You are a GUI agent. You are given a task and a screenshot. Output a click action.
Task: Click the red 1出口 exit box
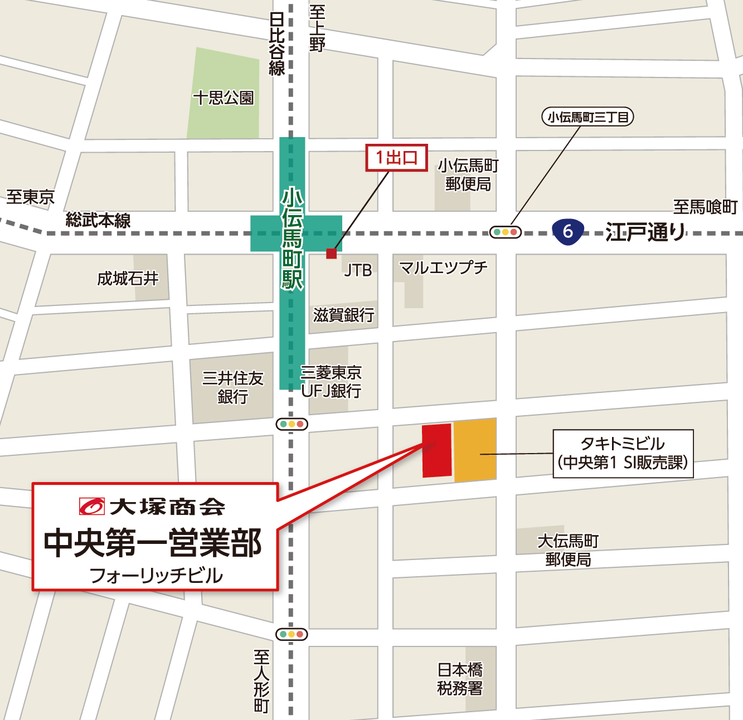click(396, 158)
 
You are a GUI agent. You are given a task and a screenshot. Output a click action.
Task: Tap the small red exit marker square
click(332, 254)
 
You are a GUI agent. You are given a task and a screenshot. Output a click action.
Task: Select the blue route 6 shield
click(567, 231)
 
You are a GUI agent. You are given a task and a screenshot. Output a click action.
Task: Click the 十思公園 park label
click(224, 98)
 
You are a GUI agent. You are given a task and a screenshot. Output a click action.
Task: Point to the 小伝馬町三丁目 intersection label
click(587, 117)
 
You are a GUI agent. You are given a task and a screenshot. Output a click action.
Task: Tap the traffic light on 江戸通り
click(505, 232)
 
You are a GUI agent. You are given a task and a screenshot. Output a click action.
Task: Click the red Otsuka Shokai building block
click(436, 450)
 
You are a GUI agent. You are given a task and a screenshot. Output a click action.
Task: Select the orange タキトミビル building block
click(475, 450)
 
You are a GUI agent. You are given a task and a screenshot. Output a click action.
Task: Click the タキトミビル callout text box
click(623, 453)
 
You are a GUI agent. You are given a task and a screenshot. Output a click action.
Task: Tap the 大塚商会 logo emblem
click(92, 506)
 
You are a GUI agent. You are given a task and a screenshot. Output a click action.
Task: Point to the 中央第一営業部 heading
click(153, 542)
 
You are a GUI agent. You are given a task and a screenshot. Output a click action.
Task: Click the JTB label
click(358, 270)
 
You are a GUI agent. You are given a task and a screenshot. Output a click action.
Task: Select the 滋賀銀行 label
click(343, 315)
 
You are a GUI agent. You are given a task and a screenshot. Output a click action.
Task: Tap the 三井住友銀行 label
click(232, 387)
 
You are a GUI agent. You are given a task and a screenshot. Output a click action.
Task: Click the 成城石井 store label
click(128, 278)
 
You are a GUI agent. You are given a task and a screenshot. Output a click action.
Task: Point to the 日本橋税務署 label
click(460, 679)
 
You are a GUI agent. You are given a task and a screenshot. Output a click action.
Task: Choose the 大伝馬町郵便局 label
click(568, 550)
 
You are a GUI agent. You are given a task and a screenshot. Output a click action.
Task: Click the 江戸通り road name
click(645, 231)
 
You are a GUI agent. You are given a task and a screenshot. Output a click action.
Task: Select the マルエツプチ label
click(443, 268)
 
